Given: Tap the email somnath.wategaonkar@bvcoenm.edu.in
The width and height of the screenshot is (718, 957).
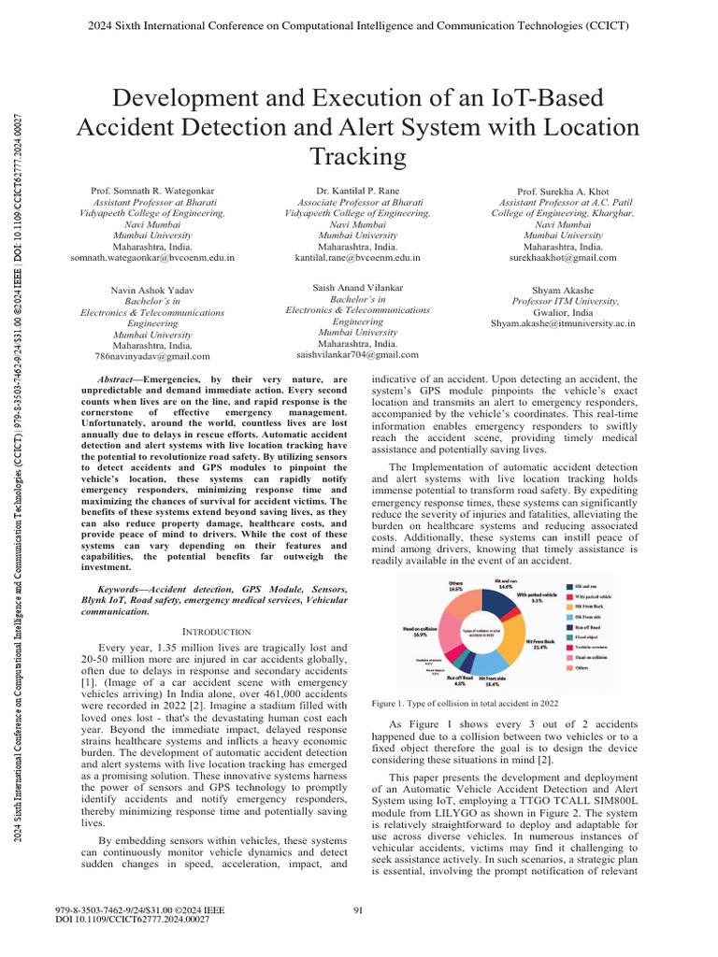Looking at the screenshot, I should click(152, 256).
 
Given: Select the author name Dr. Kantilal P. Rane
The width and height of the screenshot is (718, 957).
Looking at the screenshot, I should click(358, 191).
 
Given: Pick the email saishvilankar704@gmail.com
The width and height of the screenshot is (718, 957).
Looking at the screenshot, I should click(357, 354).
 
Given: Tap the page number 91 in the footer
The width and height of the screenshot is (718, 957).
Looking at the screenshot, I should click(358, 910).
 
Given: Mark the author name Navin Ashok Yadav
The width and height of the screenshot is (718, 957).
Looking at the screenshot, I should click(152, 291).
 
